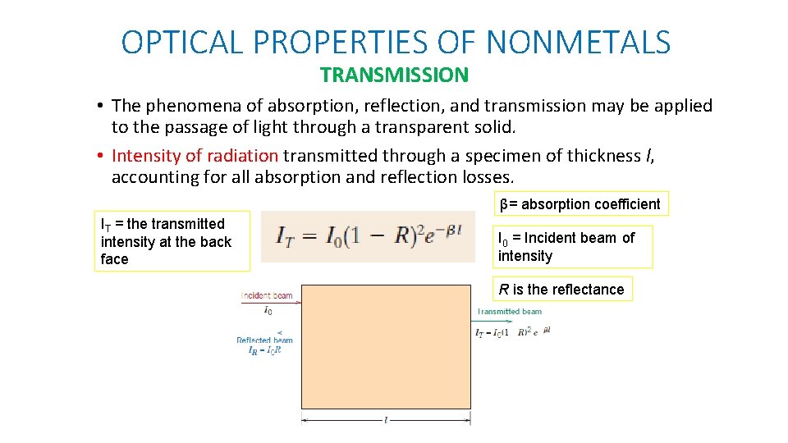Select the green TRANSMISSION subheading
coord(394,75)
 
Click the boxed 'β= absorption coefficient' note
coord(580,203)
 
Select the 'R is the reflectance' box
coord(562,289)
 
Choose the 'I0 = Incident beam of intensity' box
coord(572,247)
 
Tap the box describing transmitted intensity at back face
coord(171,241)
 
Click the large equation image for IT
coord(368,237)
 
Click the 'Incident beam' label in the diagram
coord(266,295)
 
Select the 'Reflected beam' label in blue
coord(264,340)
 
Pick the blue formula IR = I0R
coord(264,349)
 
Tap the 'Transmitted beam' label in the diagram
coord(509,312)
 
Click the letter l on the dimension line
coord(386,420)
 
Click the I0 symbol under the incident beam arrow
coord(268,311)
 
